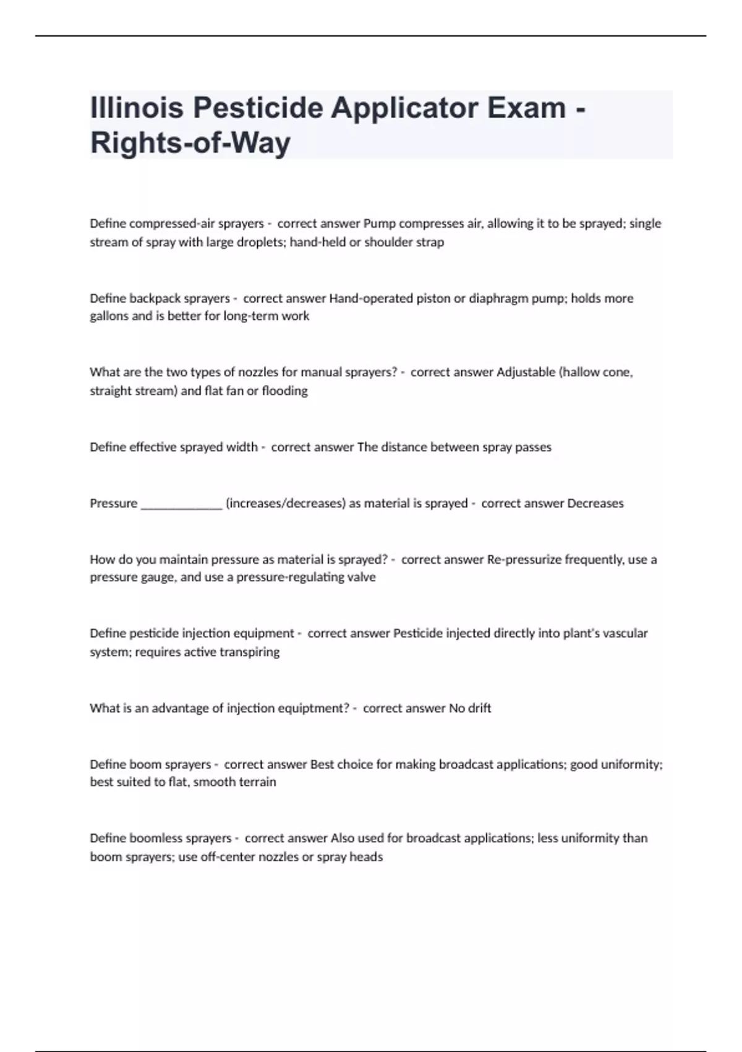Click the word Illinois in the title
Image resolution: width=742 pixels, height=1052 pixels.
(x=137, y=108)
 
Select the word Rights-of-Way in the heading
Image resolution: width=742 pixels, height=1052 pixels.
(x=190, y=143)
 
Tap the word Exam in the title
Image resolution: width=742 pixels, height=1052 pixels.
(x=526, y=108)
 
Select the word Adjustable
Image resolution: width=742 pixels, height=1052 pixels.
(x=526, y=372)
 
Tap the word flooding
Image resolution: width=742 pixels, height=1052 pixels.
(x=284, y=390)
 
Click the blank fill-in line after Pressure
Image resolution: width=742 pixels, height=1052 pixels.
(x=181, y=504)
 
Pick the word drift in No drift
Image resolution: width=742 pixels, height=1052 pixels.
(x=480, y=708)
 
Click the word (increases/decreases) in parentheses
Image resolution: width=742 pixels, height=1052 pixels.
(x=285, y=503)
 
